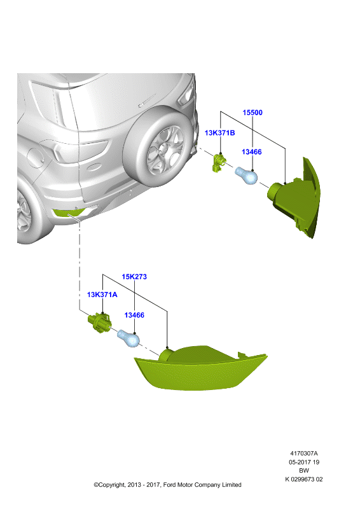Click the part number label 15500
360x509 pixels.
pyautogui.click(x=253, y=113)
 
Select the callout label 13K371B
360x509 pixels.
pyautogui.click(x=219, y=133)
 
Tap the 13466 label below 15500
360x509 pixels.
pyautogui.click(x=252, y=151)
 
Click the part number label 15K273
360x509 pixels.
pyautogui.click(x=134, y=277)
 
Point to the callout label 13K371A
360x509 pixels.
pyautogui.click(x=102, y=295)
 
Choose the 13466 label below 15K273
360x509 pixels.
pyautogui.click(x=134, y=315)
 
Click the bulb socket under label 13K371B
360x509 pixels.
pyautogui.click(x=218, y=163)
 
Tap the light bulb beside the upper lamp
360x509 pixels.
pyautogui.click(x=246, y=176)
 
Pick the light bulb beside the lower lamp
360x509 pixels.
pyautogui.click(x=128, y=338)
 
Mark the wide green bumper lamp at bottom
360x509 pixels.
pyautogui.click(x=200, y=368)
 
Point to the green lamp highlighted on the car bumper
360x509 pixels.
pyautogui.click(x=68, y=213)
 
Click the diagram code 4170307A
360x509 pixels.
pyautogui.click(x=304, y=453)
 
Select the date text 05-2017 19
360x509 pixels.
pyautogui.click(x=304, y=462)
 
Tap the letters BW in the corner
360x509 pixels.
pyautogui.click(x=304, y=470)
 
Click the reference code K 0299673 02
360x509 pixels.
pyautogui.click(x=304, y=479)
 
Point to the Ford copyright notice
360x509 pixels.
pyautogui.click(x=167, y=485)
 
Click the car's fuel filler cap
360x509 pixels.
pyautogui.click(x=35, y=158)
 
